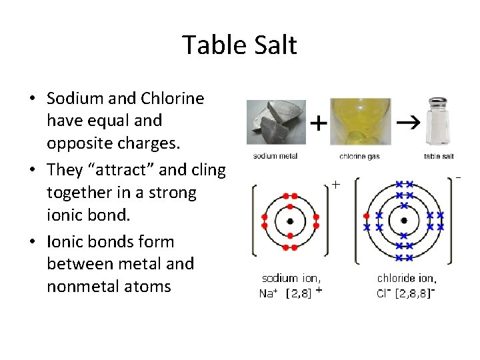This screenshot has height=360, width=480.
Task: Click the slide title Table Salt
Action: click(x=239, y=45)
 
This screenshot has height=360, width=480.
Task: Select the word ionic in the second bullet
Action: click(x=65, y=215)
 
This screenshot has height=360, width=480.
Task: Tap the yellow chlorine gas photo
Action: click(x=361, y=123)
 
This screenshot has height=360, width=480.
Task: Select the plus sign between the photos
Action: click(x=320, y=124)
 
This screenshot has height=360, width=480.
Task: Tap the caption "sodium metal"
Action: click(x=275, y=157)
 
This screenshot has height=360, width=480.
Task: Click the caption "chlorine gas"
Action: click(x=360, y=157)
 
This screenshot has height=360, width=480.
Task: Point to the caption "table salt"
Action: click(x=439, y=157)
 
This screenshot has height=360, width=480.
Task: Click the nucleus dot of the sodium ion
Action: click(x=290, y=221)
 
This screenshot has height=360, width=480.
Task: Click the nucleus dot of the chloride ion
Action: click(x=403, y=221)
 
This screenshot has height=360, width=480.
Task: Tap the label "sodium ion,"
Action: click(x=291, y=278)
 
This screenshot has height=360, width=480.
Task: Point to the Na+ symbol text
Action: click(x=269, y=293)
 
